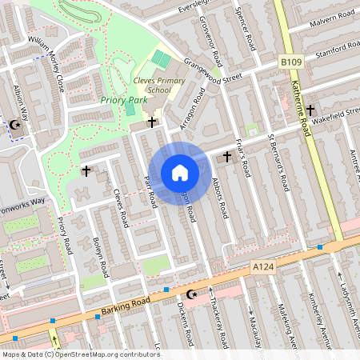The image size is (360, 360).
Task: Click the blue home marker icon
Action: point(180,173)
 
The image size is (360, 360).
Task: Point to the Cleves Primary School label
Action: point(158,85)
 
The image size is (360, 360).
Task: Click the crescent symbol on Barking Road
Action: point(191,294)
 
